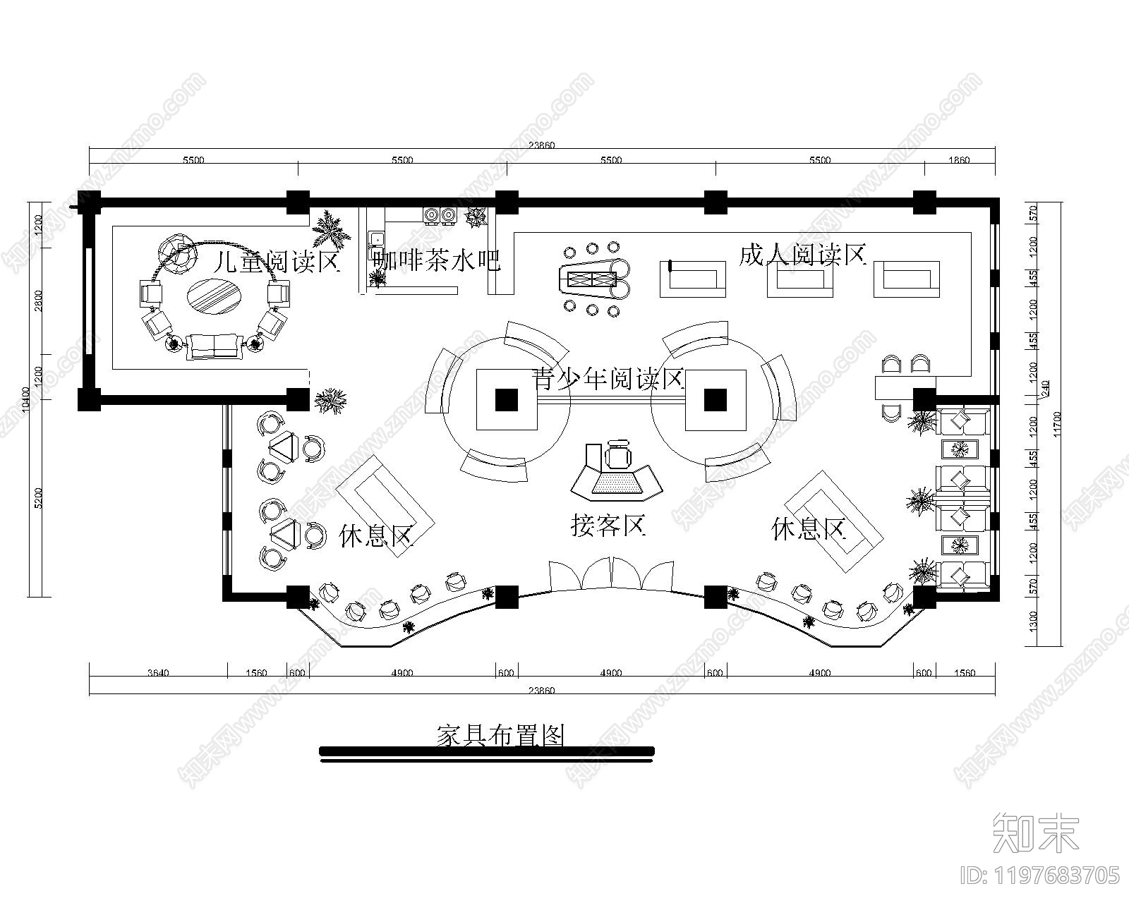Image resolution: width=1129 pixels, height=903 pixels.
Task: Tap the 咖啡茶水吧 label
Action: coord(437,260)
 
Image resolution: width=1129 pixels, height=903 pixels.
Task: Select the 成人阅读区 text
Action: coord(802,255)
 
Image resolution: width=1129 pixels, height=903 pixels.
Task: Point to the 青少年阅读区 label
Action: coord(608,380)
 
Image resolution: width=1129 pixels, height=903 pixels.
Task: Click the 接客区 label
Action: coord(608,525)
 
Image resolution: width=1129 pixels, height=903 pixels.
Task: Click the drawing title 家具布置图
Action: coord(501,736)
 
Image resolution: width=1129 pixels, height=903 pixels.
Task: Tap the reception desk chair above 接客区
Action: coord(619,455)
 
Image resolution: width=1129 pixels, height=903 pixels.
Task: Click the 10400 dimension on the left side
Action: coord(26,399)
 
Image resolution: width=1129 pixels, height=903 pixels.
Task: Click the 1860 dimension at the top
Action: coord(959,160)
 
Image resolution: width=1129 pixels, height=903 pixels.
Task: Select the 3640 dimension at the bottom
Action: coord(158,673)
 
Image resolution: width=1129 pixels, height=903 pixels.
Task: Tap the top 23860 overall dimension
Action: coord(541,145)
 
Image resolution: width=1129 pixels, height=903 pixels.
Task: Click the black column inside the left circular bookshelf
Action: coord(506,400)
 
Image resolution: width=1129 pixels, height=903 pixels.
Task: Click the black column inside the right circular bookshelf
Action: coord(716,400)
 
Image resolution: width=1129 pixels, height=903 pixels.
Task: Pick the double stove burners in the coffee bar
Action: coord(440,214)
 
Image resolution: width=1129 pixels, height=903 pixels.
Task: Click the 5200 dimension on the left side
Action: coord(38,498)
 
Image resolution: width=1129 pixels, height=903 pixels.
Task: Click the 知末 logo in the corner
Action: coord(1036,834)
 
